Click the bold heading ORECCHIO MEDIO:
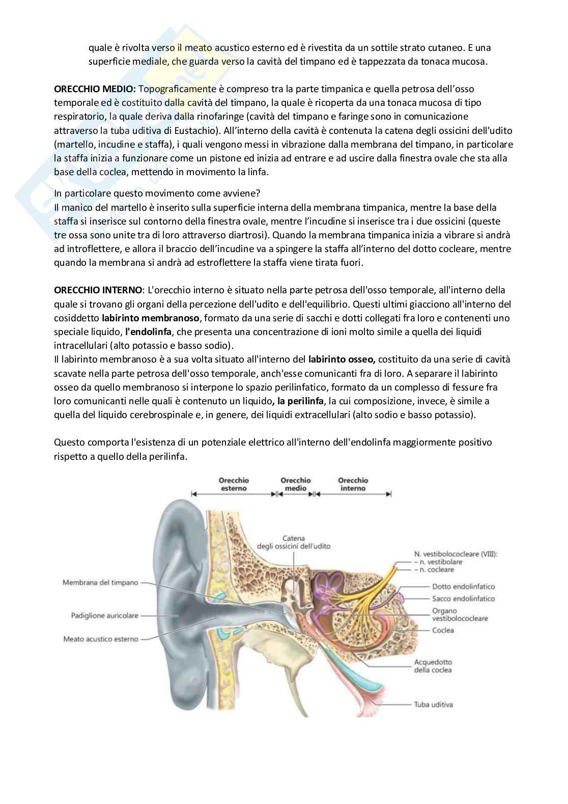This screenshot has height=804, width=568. (x=95, y=89)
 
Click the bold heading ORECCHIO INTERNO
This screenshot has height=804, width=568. (x=98, y=290)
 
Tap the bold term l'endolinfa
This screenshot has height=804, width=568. (x=149, y=332)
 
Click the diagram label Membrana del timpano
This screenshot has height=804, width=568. (x=100, y=583)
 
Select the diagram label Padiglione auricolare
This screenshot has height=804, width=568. (x=104, y=616)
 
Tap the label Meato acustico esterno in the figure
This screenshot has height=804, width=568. (x=101, y=639)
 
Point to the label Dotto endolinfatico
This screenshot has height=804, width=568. (x=463, y=587)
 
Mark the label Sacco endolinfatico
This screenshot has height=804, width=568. (x=463, y=599)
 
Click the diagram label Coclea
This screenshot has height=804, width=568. (x=443, y=630)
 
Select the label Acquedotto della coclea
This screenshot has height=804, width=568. (x=433, y=666)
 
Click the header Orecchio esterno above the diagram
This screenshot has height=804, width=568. (x=234, y=484)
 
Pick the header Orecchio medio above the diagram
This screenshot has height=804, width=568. (x=296, y=484)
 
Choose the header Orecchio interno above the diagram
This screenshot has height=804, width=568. (x=353, y=484)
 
